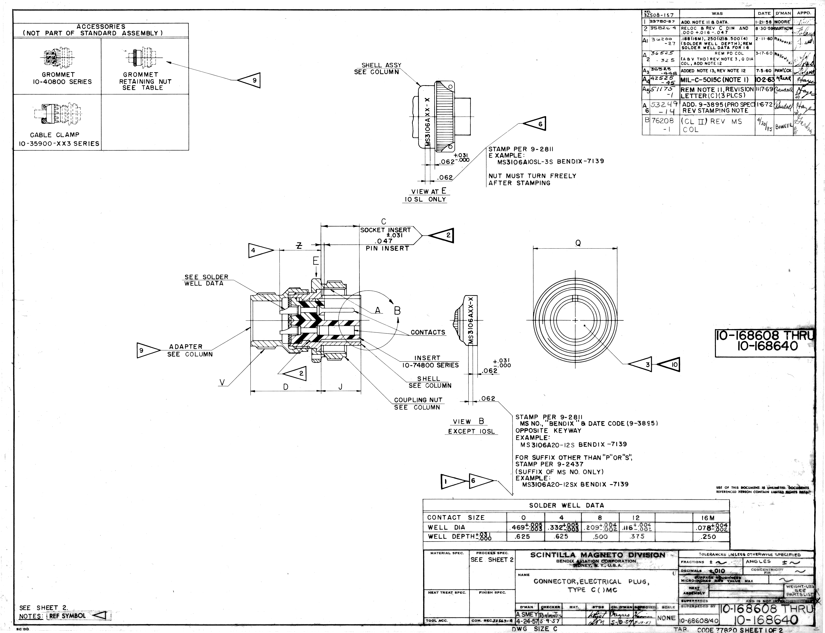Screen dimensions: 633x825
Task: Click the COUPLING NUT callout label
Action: pos(418,404)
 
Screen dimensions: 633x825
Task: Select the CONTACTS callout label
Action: pos(428,332)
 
